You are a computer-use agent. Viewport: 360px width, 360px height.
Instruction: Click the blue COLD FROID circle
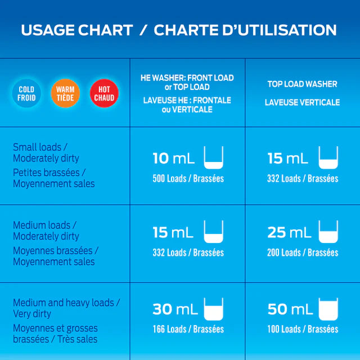[x=26, y=93]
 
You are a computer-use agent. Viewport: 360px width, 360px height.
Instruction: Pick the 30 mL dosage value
[x=174, y=309]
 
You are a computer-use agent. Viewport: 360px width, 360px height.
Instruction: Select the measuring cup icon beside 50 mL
[x=328, y=308]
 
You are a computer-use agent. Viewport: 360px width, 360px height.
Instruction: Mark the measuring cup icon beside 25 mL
[x=328, y=231]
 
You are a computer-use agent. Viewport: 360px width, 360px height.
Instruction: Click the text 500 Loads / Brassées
[x=188, y=179]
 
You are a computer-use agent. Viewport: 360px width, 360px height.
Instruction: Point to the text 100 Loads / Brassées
[x=303, y=329]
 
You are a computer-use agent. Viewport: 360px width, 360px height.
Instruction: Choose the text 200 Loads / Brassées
[x=303, y=253]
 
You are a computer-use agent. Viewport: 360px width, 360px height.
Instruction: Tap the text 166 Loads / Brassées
[x=188, y=329]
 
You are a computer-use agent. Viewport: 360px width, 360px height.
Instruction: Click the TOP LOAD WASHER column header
[x=302, y=84]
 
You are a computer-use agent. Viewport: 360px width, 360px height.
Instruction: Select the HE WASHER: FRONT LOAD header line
[x=187, y=78]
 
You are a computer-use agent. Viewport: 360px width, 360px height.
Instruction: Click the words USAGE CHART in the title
[x=76, y=30]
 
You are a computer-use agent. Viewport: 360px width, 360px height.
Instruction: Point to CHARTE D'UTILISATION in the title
[x=245, y=30]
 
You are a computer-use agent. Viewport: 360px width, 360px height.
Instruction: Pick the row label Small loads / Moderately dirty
[x=46, y=152]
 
